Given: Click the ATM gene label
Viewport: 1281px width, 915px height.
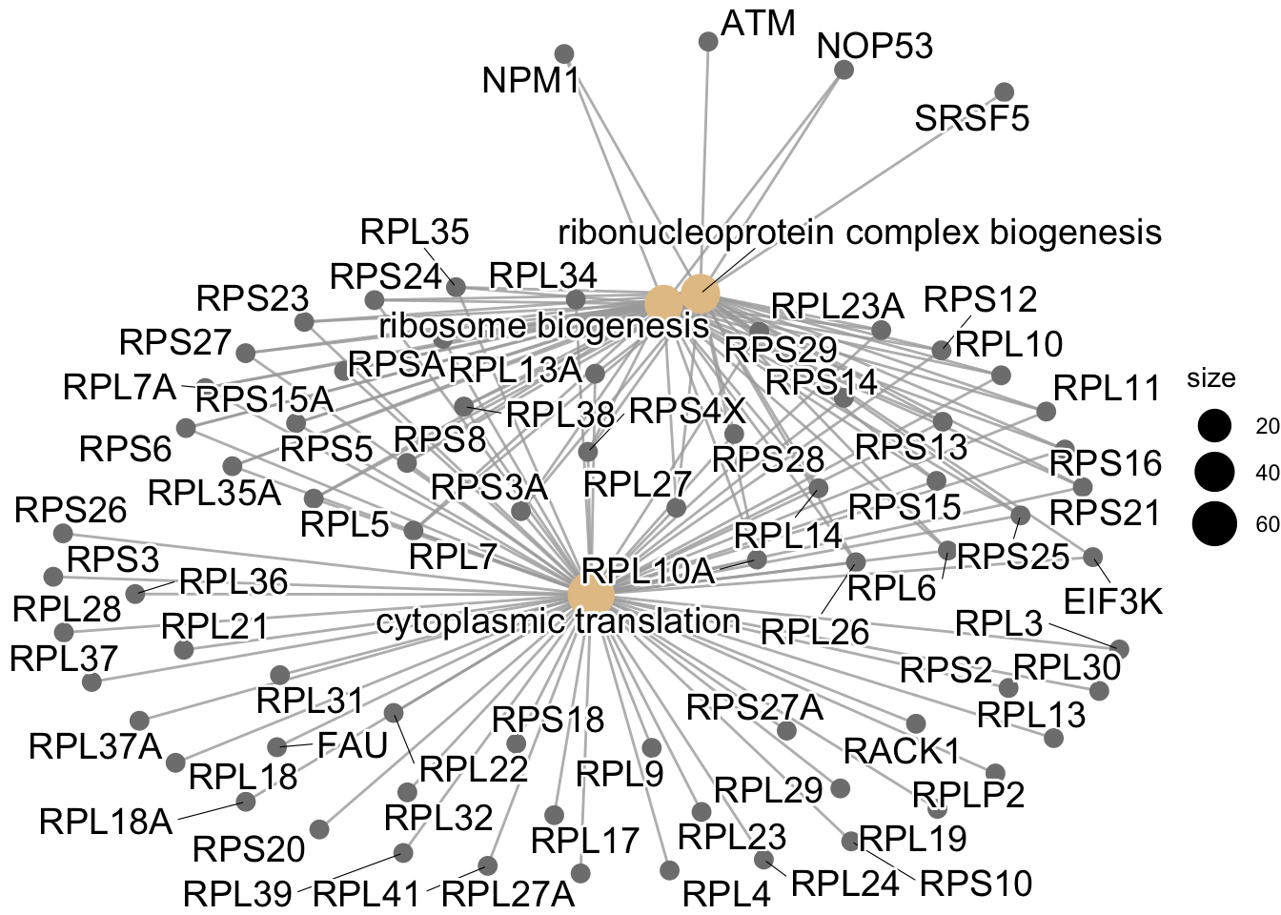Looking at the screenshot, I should click(x=758, y=23).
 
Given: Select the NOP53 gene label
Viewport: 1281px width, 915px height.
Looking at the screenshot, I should click(x=875, y=46).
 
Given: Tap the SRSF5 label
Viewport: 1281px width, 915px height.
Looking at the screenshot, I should click(x=971, y=119).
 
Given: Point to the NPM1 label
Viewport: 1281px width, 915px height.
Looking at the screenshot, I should click(x=531, y=81).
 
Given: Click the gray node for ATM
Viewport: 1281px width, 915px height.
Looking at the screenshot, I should click(x=708, y=41).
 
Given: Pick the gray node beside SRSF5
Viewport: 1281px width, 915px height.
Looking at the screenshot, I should click(x=1004, y=91).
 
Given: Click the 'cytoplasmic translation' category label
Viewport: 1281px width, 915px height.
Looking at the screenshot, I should click(x=559, y=621).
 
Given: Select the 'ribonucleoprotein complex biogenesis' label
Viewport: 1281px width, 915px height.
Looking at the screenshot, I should click(x=859, y=232).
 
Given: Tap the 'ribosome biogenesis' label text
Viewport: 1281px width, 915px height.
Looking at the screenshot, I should click(x=544, y=326).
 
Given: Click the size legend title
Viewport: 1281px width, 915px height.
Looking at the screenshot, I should click(x=1210, y=378).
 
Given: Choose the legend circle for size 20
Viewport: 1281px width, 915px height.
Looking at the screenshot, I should click(x=1215, y=426).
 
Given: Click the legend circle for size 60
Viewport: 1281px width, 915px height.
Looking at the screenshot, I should click(x=1215, y=525).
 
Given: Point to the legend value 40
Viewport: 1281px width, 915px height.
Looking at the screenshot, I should click(x=1268, y=474).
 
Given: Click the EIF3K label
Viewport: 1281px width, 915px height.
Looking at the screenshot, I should click(x=1113, y=602).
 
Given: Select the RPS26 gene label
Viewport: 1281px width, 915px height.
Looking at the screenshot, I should click(x=71, y=510).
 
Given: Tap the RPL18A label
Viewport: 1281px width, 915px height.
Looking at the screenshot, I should click(x=106, y=821).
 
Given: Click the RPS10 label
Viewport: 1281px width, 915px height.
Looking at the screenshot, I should click(x=975, y=884).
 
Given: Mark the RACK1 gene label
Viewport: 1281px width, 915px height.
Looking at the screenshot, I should click(x=902, y=751).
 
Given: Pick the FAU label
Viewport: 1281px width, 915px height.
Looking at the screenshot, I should click(x=353, y=745).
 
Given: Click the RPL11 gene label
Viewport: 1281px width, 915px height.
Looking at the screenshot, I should click(x=1107, y=389).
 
